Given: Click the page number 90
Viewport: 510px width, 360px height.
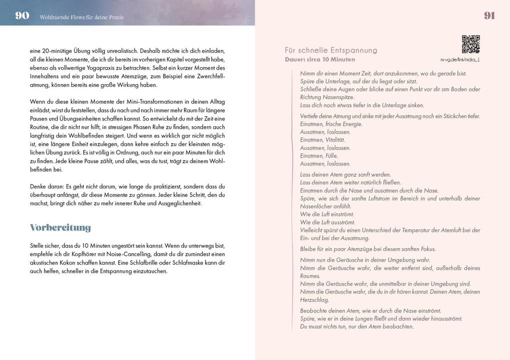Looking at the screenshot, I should [x=22, y=15].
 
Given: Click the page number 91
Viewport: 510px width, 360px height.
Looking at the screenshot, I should [x=489, y=15].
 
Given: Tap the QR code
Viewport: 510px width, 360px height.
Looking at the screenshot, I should [x=470, y=44].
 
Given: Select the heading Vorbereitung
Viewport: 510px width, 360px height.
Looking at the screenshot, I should [x=60, y=227].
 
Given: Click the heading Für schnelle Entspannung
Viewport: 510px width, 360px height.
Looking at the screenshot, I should [x=331, y=50].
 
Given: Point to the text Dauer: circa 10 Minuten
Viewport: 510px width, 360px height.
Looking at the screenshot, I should [x=320, y=59].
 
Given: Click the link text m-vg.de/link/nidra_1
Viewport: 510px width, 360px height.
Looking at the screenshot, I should [x=460, y=59].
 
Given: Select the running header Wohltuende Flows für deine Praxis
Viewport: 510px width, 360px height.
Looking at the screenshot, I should [x=81, y=17].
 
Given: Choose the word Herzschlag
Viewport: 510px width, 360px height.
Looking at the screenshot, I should [x=314, y=300].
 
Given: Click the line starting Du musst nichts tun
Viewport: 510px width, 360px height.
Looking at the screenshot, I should [x=357, y=326].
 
